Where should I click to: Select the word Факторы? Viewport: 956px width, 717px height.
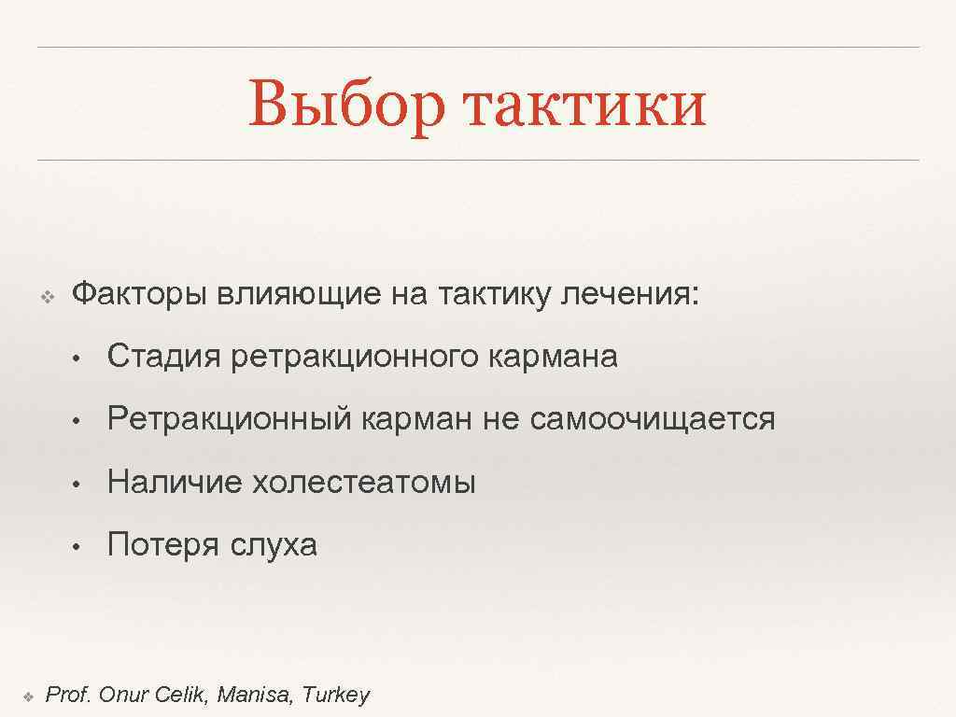[x=140, y=296]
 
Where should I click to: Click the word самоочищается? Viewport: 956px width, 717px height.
[x=653, y=419]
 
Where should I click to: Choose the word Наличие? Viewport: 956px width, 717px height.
[x=175, y=482]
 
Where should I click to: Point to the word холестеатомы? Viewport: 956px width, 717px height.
[x=364, y=482]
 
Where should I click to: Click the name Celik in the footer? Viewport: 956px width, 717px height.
[x=186, y=695]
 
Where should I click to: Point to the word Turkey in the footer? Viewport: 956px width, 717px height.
[x=336, y=695]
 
